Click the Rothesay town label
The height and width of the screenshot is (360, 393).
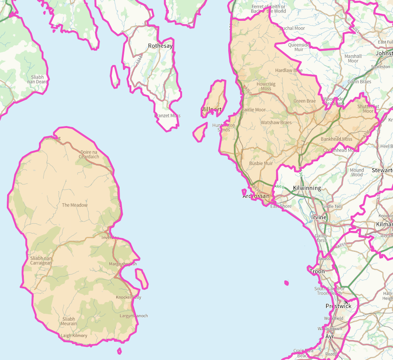click(160, 46)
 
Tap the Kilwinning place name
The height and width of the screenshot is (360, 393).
click(307, 188)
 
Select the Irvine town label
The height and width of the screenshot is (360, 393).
click(319, 218)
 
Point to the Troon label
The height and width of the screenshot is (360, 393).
click(317, 271)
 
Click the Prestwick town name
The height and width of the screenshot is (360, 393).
click(338, 306)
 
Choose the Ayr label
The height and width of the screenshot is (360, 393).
click(330, 337)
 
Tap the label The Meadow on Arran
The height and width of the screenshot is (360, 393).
click(75, 205)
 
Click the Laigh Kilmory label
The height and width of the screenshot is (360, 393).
click(74, 335)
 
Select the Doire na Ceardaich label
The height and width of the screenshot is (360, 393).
click(89, 154)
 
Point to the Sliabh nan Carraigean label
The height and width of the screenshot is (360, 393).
click(41, 261)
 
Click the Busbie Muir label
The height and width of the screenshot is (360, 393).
click(261, 163)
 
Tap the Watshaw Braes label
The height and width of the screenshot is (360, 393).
click(276, 123)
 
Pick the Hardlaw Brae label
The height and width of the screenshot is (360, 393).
click(289, 71)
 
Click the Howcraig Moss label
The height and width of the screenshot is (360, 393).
click(266, 86)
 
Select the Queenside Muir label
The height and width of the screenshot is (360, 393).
click(299, 47)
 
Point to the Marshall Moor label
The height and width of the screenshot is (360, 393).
click(353, 58)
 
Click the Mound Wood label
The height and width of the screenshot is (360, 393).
click(357, 172)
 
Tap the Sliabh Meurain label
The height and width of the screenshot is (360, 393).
click(69, 321)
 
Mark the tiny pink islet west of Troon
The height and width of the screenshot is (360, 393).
click(286, 283)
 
